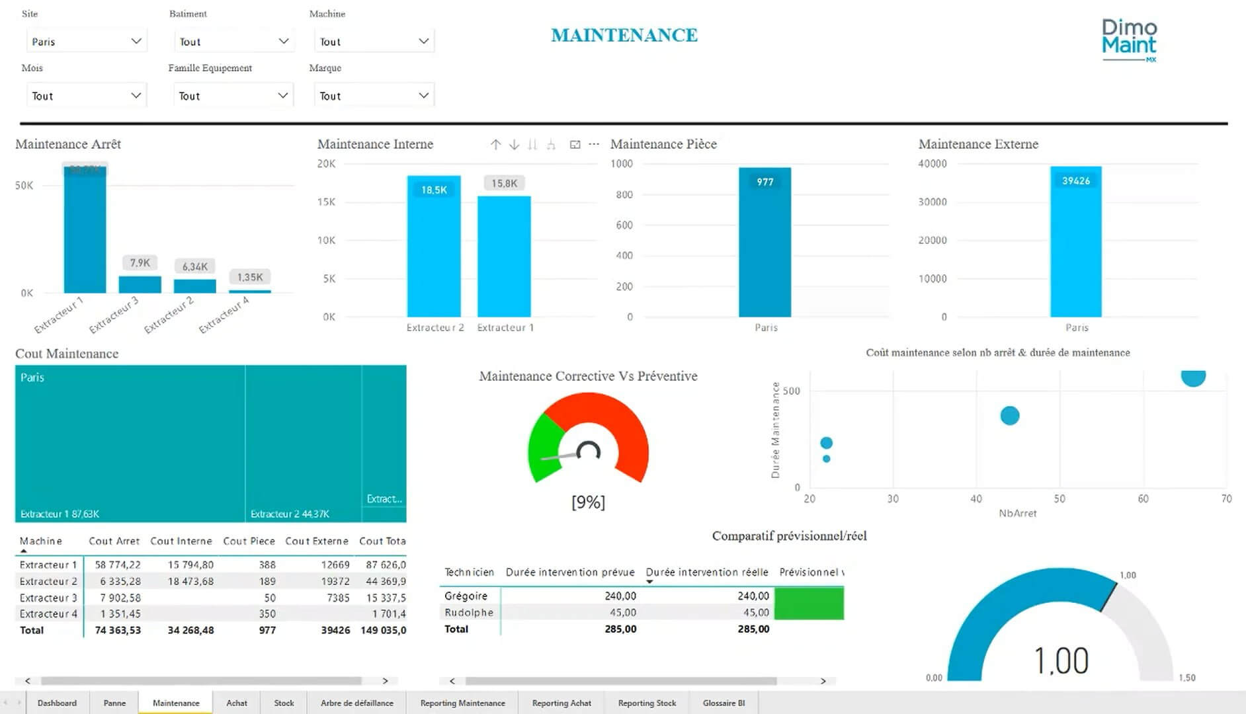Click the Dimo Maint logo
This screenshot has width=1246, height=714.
click(x=1129, y=40)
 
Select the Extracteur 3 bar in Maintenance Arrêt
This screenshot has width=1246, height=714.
click(x=140, y=284)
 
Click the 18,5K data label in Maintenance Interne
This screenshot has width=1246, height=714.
click(x=434, y=190)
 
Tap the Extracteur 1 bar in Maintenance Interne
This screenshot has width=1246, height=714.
click(x=504, y=258)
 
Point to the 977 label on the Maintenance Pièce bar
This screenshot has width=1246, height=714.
click(x=765, y=182)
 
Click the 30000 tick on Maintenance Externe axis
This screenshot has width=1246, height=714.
click(x=932, y=202)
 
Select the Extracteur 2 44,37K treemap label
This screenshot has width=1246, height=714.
click(x=290, y=514)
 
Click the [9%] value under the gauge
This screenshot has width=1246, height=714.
click(x=588, y=502)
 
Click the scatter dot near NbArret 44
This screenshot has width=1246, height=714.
click(x=1009, y=416)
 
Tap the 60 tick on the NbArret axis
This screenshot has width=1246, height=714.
click(x=1143, y=499)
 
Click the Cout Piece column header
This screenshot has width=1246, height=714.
click(x=249, y=541)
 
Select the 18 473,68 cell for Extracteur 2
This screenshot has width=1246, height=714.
click(x=190, y=581)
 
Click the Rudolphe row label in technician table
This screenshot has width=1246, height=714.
click(x=469, y=612)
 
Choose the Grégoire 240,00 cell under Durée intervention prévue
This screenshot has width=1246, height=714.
click(x=620, y=596)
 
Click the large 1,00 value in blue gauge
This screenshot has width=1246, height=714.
click(x=1061, y=660)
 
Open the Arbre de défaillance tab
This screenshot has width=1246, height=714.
click(x=356, y=703)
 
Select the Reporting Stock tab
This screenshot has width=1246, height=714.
click(x=647, y=703)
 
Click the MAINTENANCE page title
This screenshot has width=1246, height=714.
click(x=624, y=35)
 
